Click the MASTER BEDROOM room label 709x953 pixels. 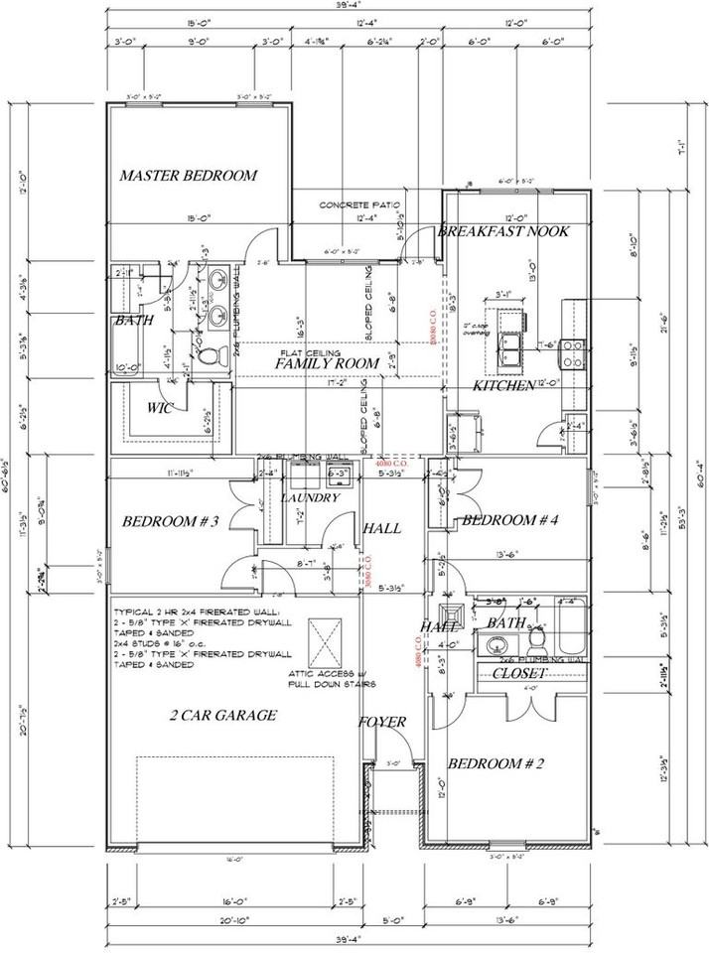tap(188, 176)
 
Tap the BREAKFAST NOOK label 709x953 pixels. tap(503, 231)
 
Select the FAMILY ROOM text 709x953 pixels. tap(327, 364)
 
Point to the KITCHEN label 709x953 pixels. tap(503, 385)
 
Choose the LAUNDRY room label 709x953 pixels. tap(310, 497)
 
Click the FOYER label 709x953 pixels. tap(382, 722)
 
